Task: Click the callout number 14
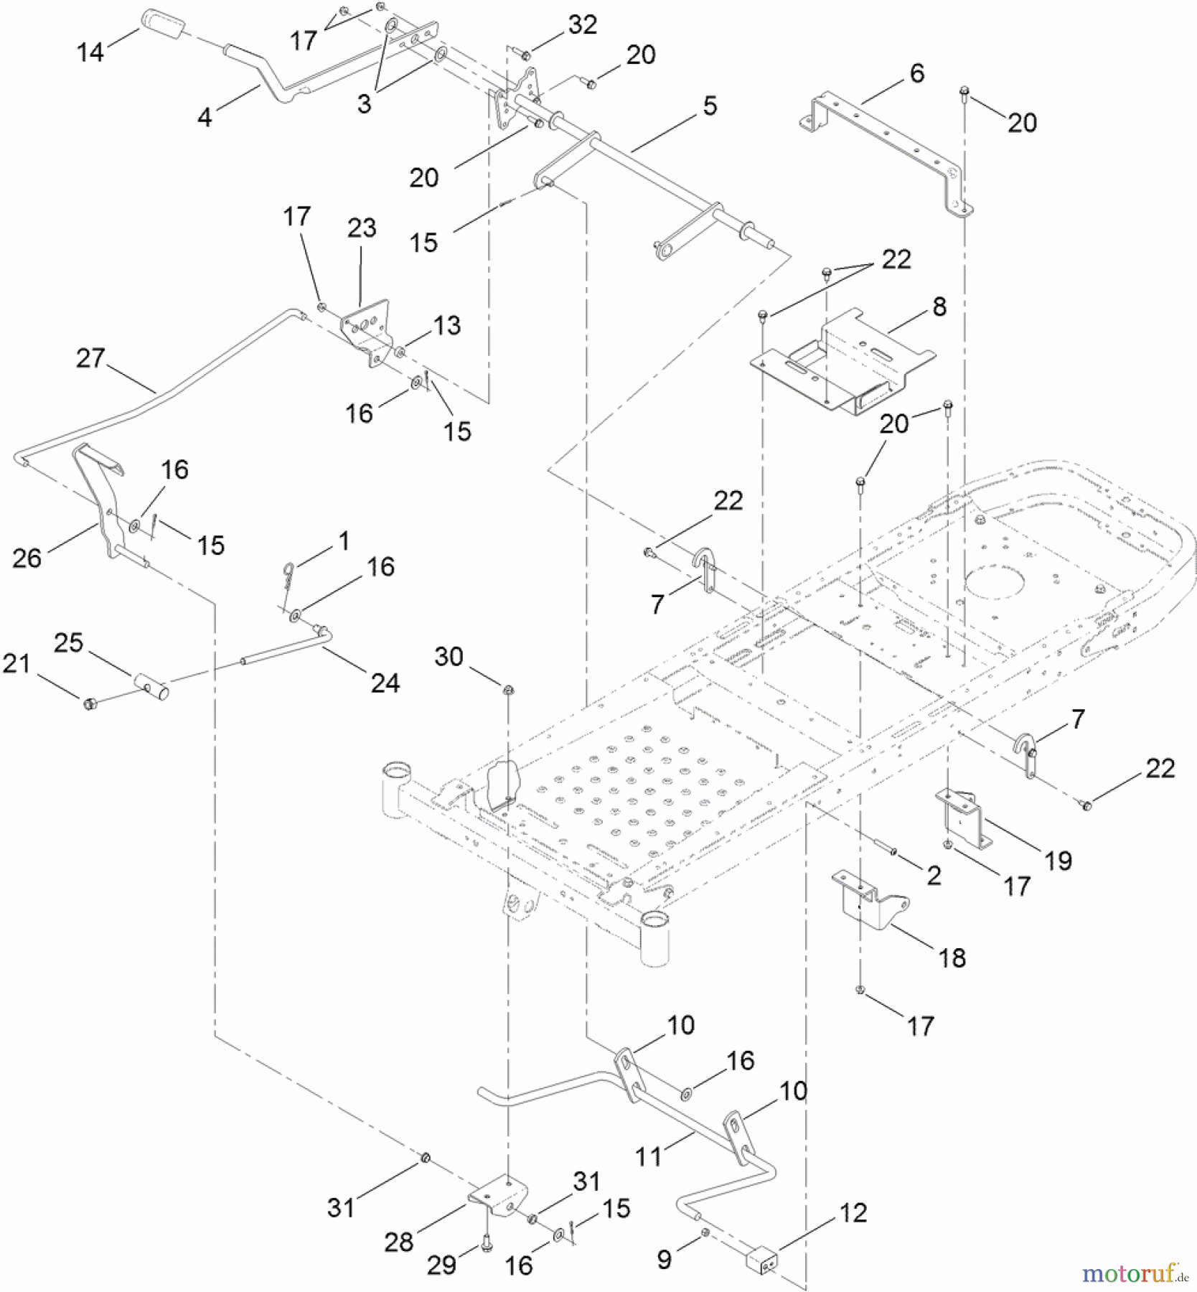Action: click(90, 52)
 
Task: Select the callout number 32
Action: click(582, 25)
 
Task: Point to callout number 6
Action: click(916, 73)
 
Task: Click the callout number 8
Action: click(939, 306)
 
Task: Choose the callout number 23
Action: click(361, 228)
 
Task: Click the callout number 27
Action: click(90, 357)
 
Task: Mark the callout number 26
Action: click(27, 558)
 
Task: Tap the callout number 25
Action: click(68, 642)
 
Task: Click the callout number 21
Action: click(16, 663)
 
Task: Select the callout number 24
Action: click(385, 683)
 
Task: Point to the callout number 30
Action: click(449, 656)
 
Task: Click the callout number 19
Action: click(1058, 860)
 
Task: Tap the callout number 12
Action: click(853, 1212)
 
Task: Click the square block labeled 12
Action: click(763, 1260)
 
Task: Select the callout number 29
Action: click(441, 1264)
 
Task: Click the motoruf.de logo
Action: click(1134, 1273)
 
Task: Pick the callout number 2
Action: click(933, 875)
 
